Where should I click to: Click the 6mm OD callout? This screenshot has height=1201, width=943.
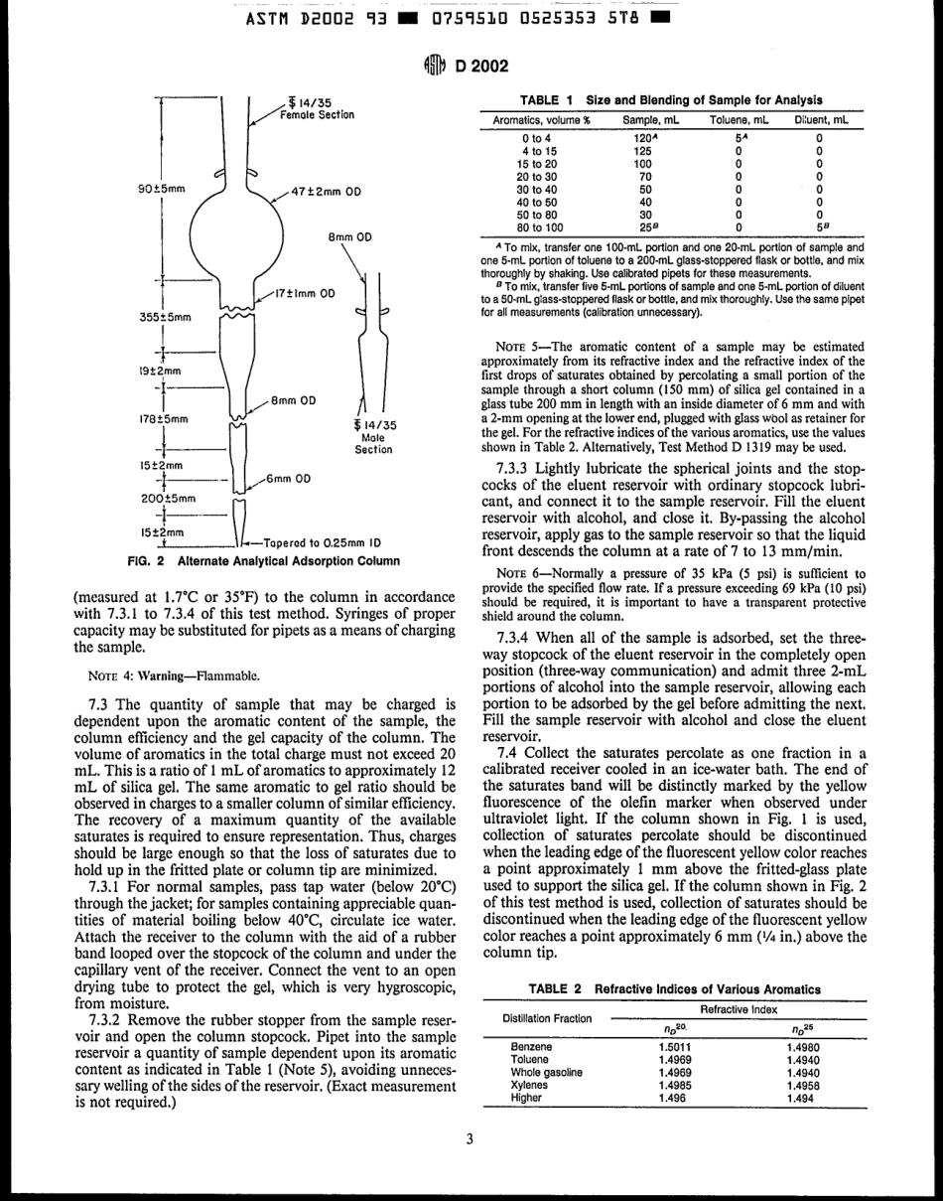click(x=289, y=479)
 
